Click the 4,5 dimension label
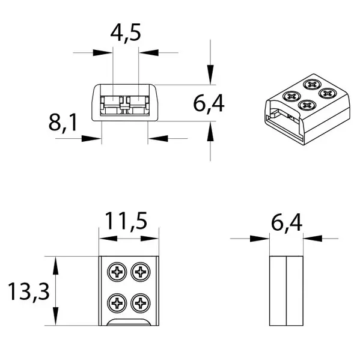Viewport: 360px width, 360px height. click(126, 34)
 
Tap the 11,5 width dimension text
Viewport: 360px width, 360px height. click(128, 222)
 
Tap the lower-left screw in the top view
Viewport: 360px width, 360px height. click(116, 302)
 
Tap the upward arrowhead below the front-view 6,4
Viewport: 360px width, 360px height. click(210, 131)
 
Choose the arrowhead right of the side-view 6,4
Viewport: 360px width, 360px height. click(311, 239)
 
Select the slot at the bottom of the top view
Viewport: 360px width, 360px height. click(129, 323)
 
